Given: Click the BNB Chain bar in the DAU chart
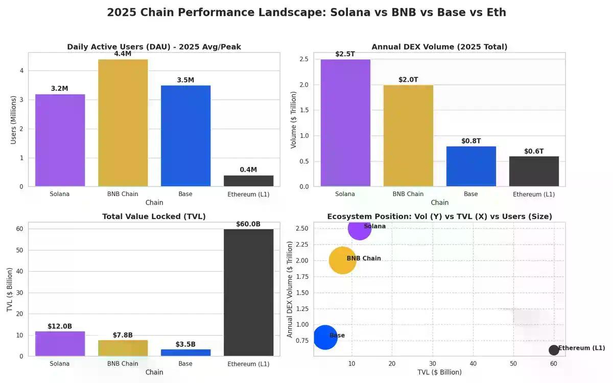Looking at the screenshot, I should click(x=123, y=123).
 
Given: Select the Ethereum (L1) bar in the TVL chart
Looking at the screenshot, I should click(x=248, y=292).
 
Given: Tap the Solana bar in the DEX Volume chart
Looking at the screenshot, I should click(x=345, y=123).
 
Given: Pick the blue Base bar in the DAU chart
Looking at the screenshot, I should click(x=185, y=136).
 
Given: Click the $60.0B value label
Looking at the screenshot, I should click(x=248, y=224).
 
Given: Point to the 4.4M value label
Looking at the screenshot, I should click(x=123, y=54).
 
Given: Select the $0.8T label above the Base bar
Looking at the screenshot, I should click(x=471, y=141).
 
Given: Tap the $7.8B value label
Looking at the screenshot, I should click(x=123, y=335).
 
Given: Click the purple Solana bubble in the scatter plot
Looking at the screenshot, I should click(x=359, y=228).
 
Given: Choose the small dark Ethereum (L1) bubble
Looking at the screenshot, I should click(x=554, y=350).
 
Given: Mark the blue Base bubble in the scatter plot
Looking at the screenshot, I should click(x=325, y=337).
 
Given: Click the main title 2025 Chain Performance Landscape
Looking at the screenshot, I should click(x=306, y=12).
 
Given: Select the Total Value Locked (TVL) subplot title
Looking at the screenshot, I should click(x=154, y=217).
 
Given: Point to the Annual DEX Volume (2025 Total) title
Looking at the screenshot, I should click(x=439, y=47).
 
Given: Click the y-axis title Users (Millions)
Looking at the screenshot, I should click(x=14, y=119).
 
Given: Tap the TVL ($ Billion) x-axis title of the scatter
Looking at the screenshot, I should click(x=439, y=372).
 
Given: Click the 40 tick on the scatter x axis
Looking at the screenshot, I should click(x=473, y=363).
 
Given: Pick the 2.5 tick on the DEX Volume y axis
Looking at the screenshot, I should click(x=304, y=59).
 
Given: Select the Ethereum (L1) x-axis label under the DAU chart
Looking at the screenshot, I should click(x=248, y=194).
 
